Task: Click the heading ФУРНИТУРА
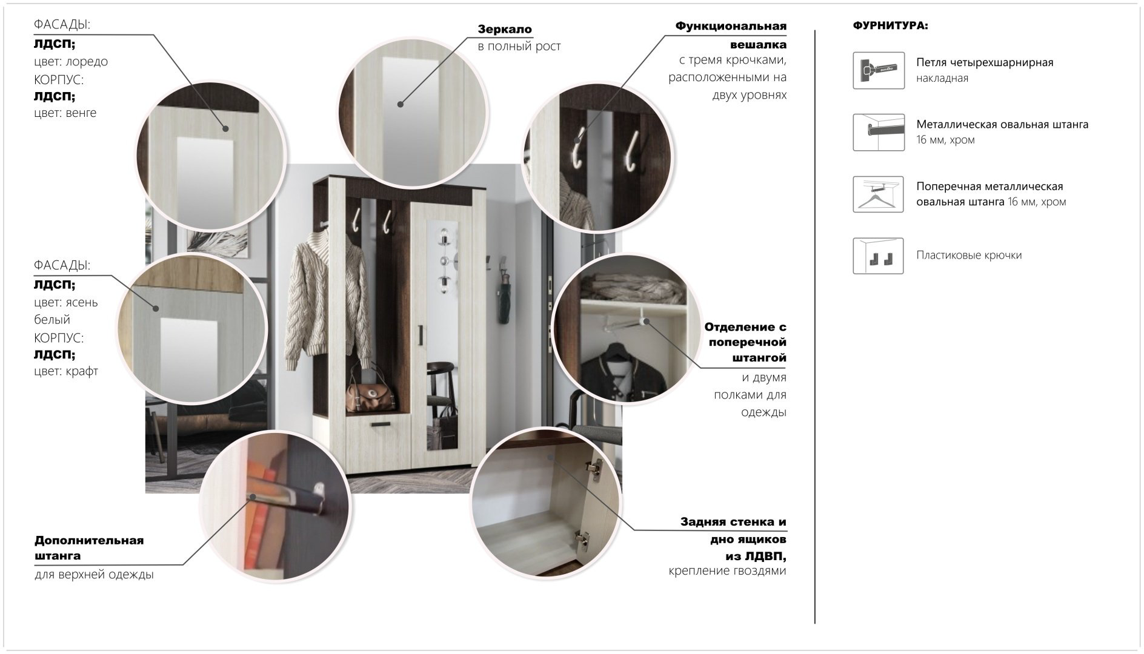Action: pyautogui.click(x=890, y=26)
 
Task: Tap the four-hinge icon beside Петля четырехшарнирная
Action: pyautogui.click(x=879, y=70)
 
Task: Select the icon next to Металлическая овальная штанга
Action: pyautogui.click(x=879, y=132)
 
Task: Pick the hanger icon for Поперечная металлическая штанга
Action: pyautogui.click(x=879, y=194)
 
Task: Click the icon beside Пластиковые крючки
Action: pyautogui.click(x=879, y=256)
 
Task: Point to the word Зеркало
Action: pyautogui.click(x=505, y=29)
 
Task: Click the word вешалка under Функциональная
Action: pyautogui.click(x=758, y=44)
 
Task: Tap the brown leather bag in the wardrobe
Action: pyautogui.click(x=371, y=391)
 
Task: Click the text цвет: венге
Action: pyautogui.click(x=65, y=113)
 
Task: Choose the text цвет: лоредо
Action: pyautogui.click(x=71, y=62)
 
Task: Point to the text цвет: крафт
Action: pyautogui.click(x=66, y=371)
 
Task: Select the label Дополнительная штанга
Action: pyautogui.click(x=89, y=548)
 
